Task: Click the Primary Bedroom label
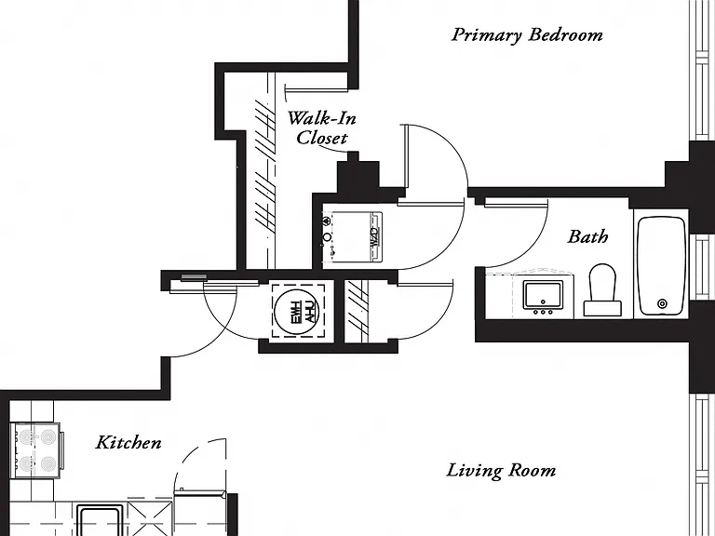527,35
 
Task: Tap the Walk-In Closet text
322,128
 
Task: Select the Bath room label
587,236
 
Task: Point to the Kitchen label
128,442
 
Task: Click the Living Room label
501,471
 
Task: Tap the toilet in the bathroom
602,290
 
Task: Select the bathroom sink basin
543,294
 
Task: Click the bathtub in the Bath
662,266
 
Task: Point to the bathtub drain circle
662,303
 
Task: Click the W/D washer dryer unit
353,237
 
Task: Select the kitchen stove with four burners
36,449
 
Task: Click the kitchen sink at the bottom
100,520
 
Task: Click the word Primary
487,35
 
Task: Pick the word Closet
322,138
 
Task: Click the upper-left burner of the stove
26,437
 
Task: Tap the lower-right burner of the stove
48,464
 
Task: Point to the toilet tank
602,309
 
